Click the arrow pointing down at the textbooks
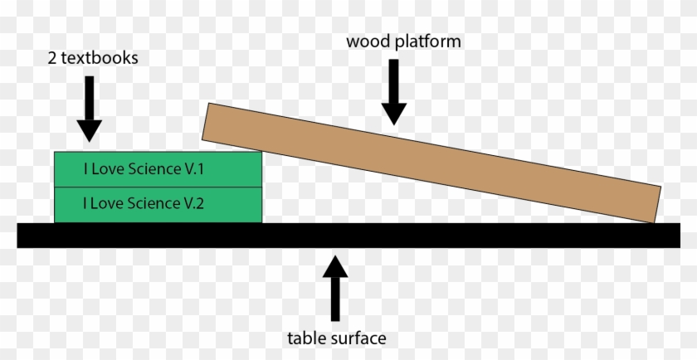click(x=89, y=109)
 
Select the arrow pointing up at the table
click(x=335, y=287)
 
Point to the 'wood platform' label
click(x=403, y=41)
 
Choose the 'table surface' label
click(x=336, y=338)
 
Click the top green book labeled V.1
click(x=158, y=169)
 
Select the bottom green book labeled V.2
click(x=158, y=205)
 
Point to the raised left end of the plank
click(x=209, y=120)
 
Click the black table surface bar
click(x=348, y=235)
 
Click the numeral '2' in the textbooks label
click(x=52, y=59)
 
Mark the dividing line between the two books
click(x=158, y=187)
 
